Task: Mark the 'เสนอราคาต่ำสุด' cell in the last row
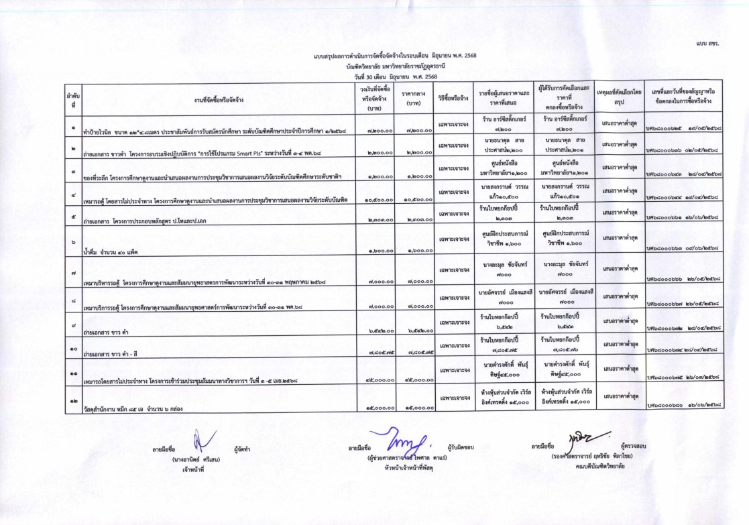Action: (618, 398)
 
